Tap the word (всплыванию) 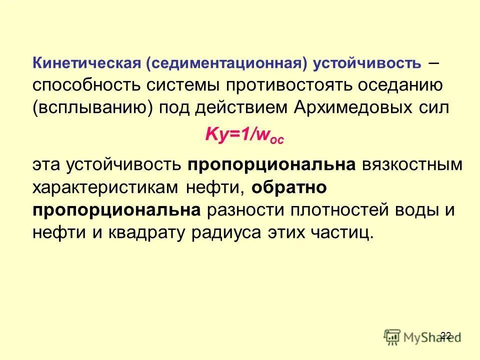(x=92, y=108)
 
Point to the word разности (x=244, y=209)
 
